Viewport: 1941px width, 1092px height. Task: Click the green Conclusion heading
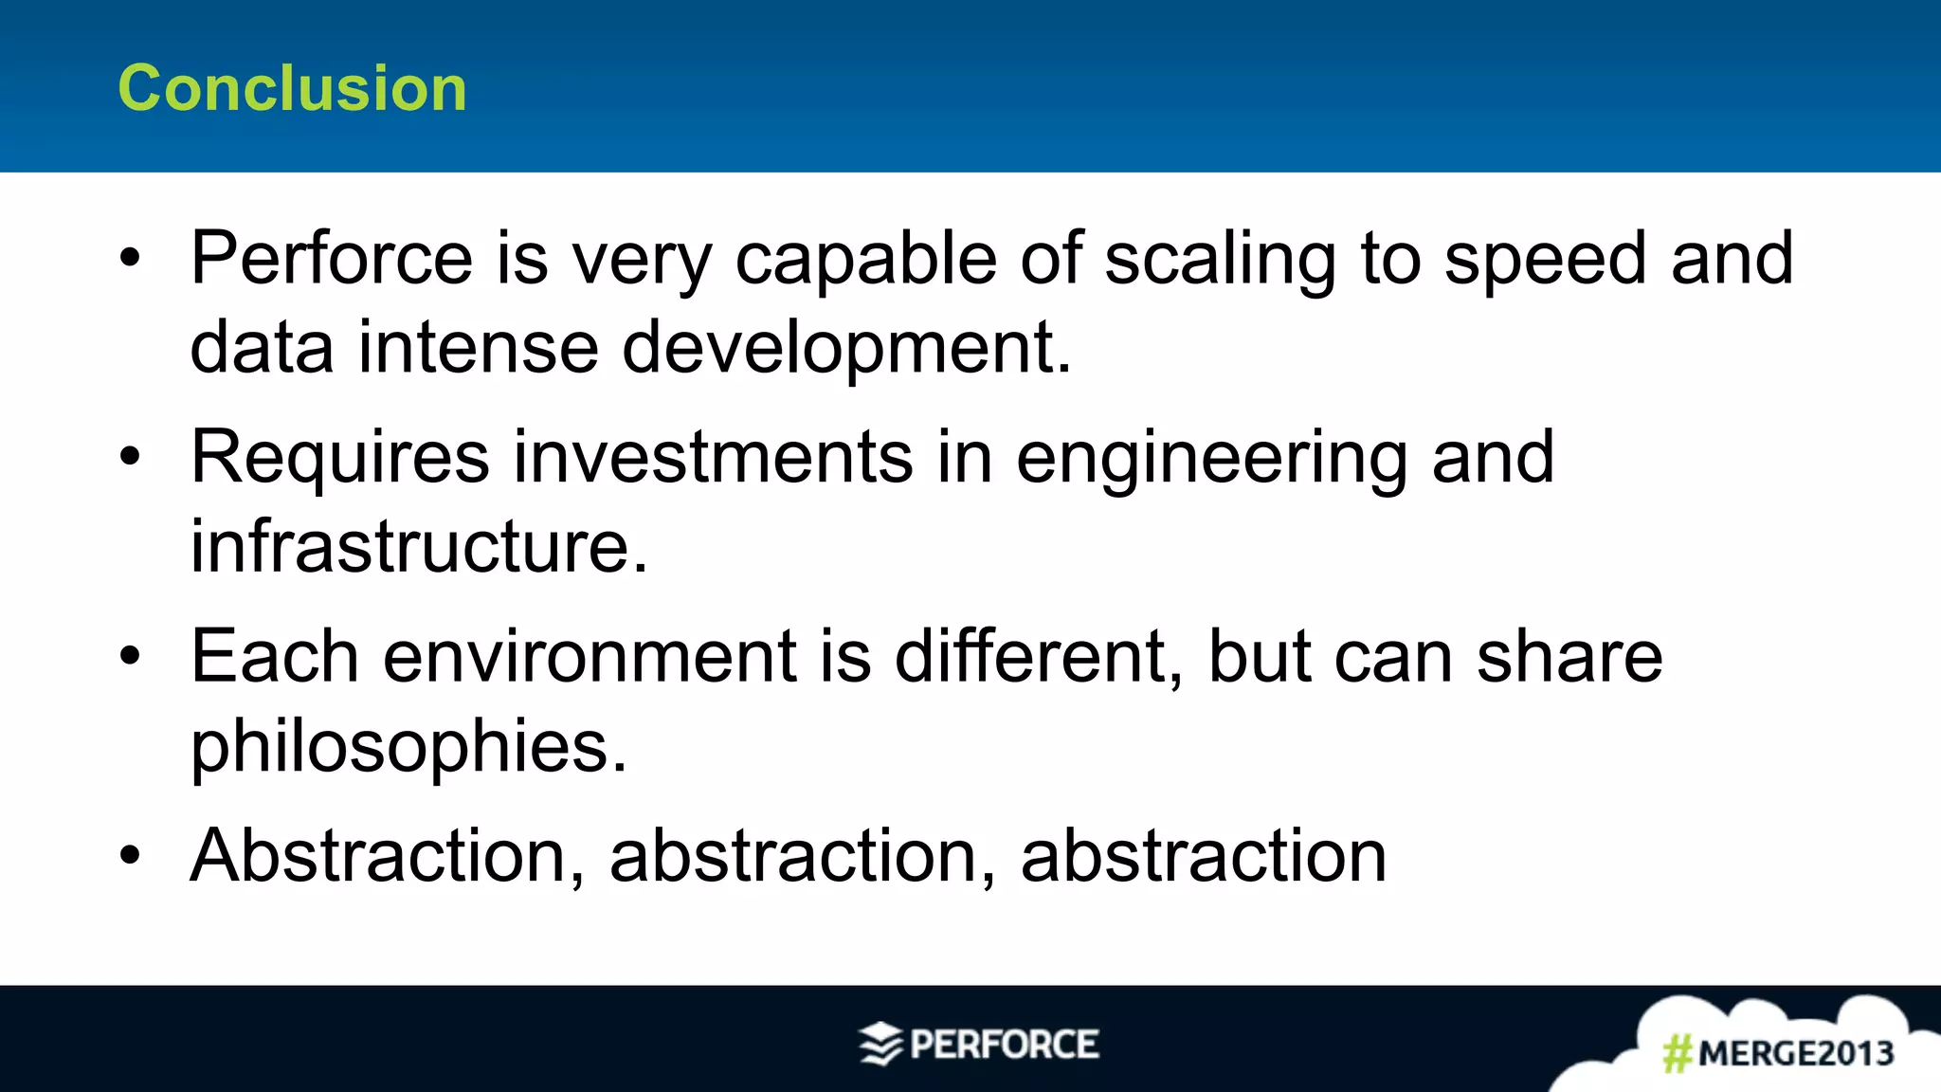pyautogui.click(x=292, y=88)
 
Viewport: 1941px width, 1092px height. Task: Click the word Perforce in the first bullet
pyautogui.click(x=332, y=258)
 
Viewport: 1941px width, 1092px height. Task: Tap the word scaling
pyautogui.click(x=1220, y=258)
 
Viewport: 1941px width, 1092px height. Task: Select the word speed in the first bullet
pyautogui.click(x=1545, y=258)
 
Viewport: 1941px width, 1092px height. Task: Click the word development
pyautogui.click(x=846, y=347)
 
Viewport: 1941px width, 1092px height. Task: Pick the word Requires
pyautogui.click(x=340, y=457)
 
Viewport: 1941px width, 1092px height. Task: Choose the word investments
pyautogui.click(x=714, y=457)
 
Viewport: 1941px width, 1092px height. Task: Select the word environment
pyautogui.click(x=590, y=656)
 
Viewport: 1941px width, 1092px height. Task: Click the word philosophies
pyautogui.click(x=408, y=747)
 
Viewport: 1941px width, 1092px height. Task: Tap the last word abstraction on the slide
pyautogui.click(x=1204, y=855)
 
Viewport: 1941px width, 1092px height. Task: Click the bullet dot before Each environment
pyautogui.click(x=130, y=656)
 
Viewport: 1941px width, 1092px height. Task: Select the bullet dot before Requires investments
pyautogui.click(x=130, y=457)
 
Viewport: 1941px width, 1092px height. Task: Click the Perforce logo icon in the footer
pyautogui.click(x=880, y=1045)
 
